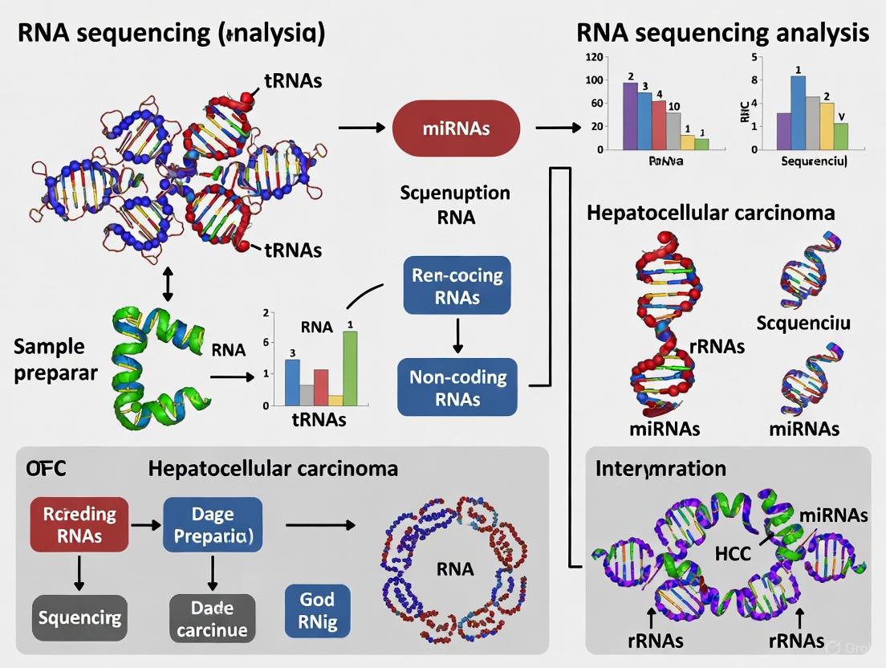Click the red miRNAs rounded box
(x=456, y=128)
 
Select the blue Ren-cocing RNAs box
(x=457, y=287)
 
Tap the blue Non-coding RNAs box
(x=457, y=388)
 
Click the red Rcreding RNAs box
(x=79, y=524)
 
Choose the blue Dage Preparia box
(x=213, y=524)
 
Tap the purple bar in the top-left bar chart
(x=630, y=116)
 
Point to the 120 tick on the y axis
(x=594, y=57)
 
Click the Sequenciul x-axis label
(x=814, y=161)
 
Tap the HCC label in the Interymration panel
(x=731, y=553)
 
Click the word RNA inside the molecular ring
(x=454, y=569)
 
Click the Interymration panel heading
(x=660, y=468)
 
